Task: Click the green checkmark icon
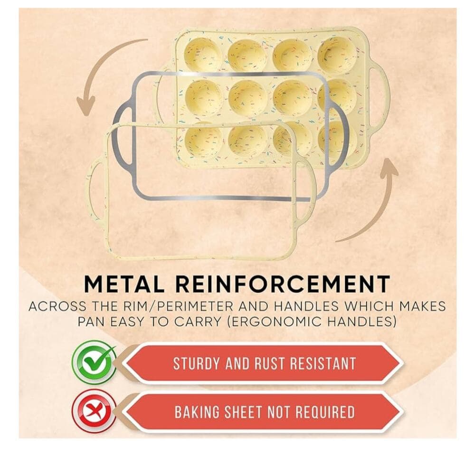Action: click(94, 362)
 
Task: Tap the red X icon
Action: click(94, 411)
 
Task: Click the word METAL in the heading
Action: click(124, 284)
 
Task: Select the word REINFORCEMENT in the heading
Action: click(283, 284)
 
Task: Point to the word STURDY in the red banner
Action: click(196, 363)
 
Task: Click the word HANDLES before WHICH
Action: click(306, 306)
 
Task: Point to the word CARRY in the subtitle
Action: click(198, 322)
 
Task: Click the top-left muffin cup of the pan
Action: click(203, 55)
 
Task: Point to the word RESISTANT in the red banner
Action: click(323, 363)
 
